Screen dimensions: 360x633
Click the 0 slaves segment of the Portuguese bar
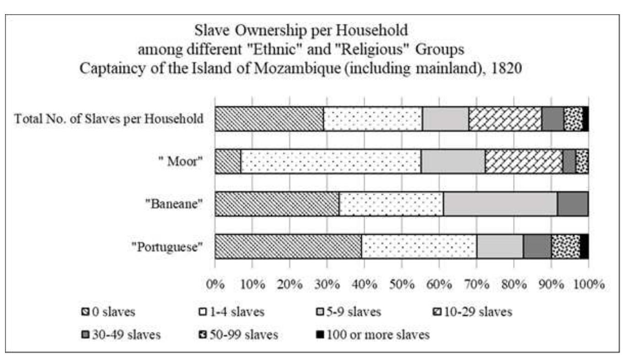[x=288, y=247]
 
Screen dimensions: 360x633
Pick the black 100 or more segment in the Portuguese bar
[x=584, y=247]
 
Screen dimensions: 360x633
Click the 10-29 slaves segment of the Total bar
[x=505, y=119]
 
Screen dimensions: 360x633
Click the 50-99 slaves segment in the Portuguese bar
[x=565, y=247]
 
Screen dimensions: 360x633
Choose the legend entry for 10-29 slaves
[x=474, y=313]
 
